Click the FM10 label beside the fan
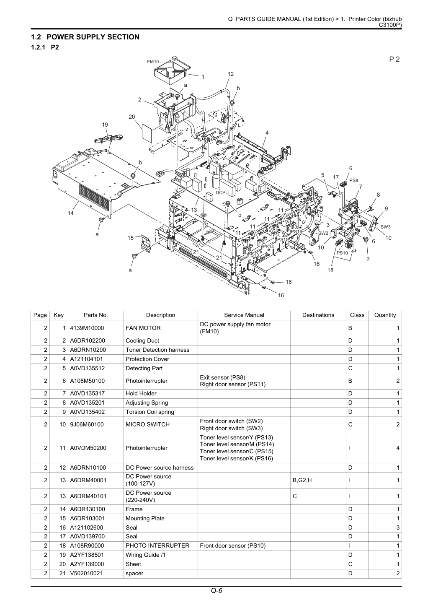(153, 62)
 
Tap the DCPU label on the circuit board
(222, 192)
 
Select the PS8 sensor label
(354, 180)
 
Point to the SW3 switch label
(385, 227)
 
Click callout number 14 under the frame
(70, 213)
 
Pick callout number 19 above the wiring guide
(105, 125)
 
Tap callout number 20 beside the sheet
(132, 117)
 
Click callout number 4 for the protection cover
(267, 133)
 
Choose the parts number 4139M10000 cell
(87, 328)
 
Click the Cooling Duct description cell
(142, 341)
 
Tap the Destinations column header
(318, 315)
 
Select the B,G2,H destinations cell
(302, 480)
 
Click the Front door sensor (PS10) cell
(233, 545)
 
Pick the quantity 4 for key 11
(398, 448)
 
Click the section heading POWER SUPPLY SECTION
(93, 37)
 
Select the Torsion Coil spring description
(150, 412)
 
